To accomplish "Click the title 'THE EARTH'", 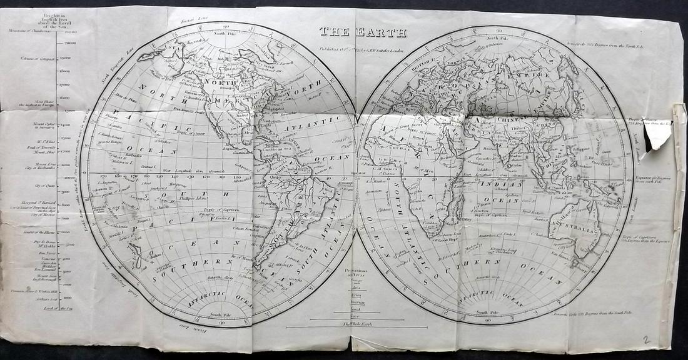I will [x=363, y=32].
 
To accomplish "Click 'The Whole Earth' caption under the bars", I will [x=357, y=323].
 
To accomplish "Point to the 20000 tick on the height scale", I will [x=70, y=43].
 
